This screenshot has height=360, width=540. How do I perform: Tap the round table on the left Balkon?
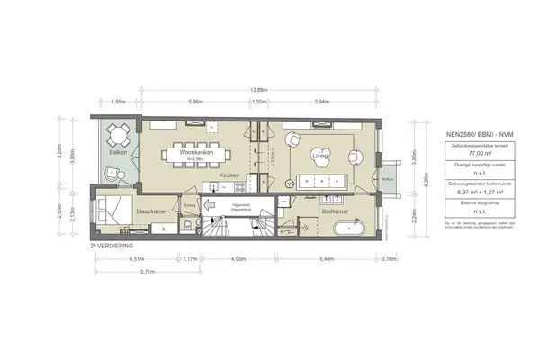coord(117,139)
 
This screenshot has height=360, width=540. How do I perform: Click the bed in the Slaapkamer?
coord(112,212)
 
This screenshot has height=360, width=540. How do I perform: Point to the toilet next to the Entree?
coord(186,225)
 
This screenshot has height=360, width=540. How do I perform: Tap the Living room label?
coord(320,156)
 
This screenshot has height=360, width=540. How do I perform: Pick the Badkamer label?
coord(336,211)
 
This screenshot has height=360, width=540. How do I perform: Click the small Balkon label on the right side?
coord(388,179)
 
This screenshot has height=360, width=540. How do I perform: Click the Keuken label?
coord(229,175)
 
